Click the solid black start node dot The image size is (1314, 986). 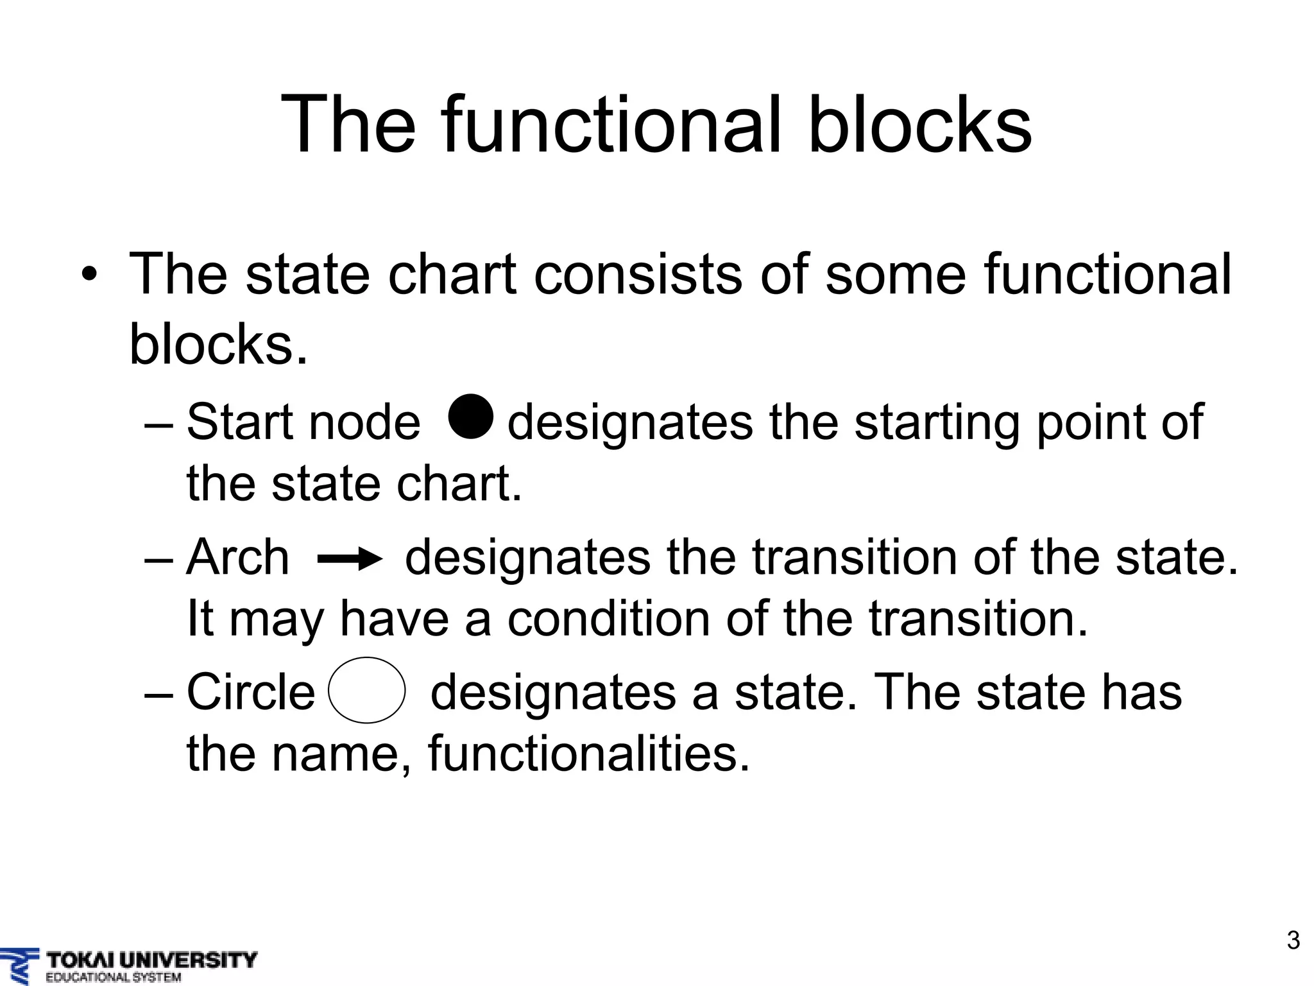[471, 417]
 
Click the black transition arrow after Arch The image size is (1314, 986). [350, 560]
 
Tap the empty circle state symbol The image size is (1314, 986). [366, 690]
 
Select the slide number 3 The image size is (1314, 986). [1293, 940]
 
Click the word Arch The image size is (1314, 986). [238, 557]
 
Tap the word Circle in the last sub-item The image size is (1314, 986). [251, 692]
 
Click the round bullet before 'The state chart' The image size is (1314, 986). [89, 275]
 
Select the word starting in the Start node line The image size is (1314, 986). [936, 422]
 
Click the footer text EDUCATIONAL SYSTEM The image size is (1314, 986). [114, 978]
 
